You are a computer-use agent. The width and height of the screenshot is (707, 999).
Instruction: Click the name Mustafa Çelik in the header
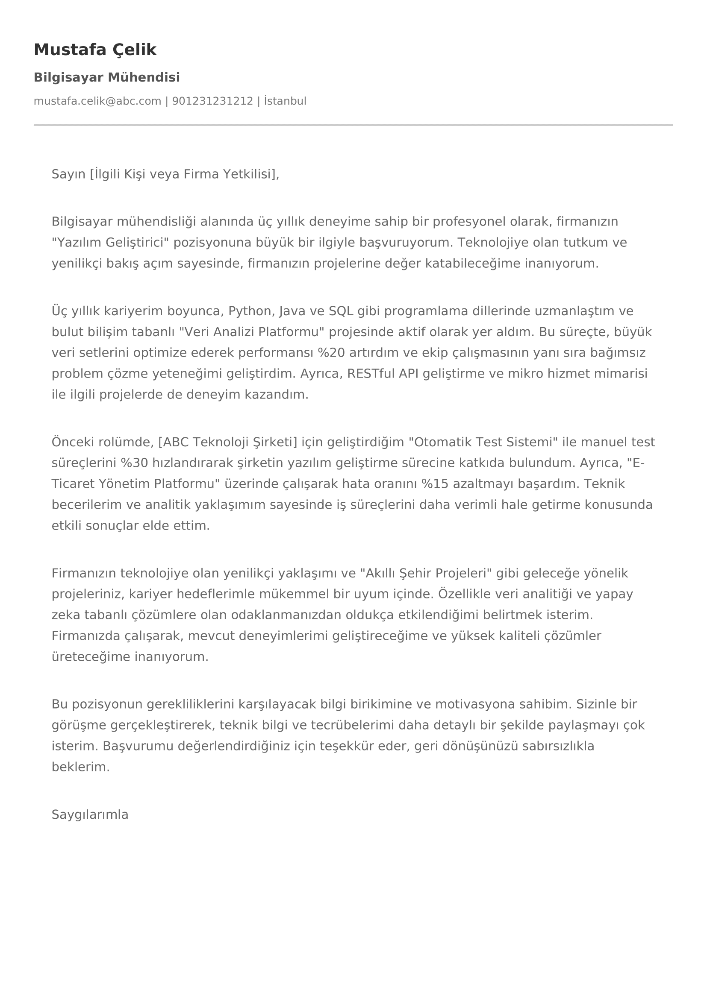click(x=95, y=50)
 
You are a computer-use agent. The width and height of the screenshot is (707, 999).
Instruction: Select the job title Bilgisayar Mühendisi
click(x=107, y=77)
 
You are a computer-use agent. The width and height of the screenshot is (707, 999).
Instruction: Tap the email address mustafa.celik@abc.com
click(x=97, y=101)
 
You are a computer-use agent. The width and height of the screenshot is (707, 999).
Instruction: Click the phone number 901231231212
click(x=212, y=101)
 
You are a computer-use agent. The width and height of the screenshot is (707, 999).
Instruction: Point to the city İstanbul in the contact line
click(x=285, y=101)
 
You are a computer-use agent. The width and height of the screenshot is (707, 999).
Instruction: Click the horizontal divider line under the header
click(x=353, y=125)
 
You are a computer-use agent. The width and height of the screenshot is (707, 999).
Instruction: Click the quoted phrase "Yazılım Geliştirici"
click(x=110, y=242)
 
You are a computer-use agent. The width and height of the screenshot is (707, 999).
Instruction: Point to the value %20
click(x=331, y=352)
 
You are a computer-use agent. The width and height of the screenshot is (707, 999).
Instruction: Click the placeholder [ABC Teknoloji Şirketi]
click(x=228, y=442)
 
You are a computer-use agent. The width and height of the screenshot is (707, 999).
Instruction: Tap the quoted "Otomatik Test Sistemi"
click(x=483, y=442)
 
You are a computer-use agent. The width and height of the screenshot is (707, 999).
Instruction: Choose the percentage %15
click(x=435, y=483)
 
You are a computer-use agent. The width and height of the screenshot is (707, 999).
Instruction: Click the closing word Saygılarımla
click(x=90, y=814)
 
